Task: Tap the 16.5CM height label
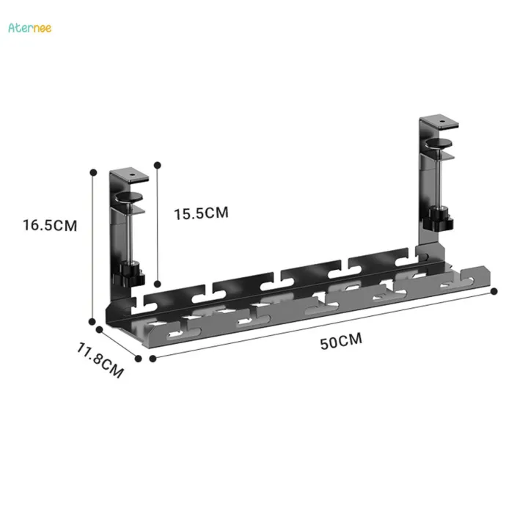pyautogui.click(x=50, y=225)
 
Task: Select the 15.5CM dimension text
pyautogui.click(x=201, y=213)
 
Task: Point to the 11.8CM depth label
pyautogui.click(x=101, y=357)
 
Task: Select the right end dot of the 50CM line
pyautogui.click(x=494, y=291)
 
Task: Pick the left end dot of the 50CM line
pyautogui.click(x=153, y=359)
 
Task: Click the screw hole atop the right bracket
pyautogui.click(x=442, y=122)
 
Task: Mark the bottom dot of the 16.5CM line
pyautogui.click(x=93, y=320)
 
